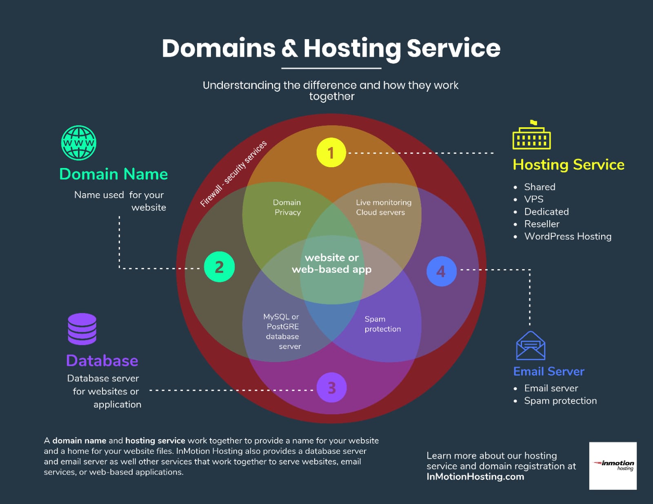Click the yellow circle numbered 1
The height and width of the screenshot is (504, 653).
pos(331,153)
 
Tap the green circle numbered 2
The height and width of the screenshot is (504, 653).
pos(220,267)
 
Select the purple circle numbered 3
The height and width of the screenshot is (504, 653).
pos(331,387)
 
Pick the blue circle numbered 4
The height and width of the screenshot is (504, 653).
pos(442,271)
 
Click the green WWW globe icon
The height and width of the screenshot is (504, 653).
pos(79,143)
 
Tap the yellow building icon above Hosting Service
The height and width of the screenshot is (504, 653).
pos(532,135)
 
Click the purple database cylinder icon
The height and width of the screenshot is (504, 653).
pos(82,329)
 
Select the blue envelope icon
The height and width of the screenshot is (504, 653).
pos(531,345)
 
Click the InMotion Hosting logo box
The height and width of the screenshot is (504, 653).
pos(613,466)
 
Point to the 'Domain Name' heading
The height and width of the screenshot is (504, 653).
pos(113,174)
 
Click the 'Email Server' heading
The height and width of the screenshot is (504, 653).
pos(549,371)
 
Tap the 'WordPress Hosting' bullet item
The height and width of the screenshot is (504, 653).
pos(568,237)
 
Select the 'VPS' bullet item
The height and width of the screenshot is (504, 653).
pos(534,199)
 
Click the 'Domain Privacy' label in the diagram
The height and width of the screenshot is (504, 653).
pos(287,208)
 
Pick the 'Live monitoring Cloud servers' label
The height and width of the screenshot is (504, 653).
pos(384,208)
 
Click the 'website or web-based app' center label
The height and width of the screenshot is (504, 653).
pos(331,263)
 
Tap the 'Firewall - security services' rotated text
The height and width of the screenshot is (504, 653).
pos(233,174)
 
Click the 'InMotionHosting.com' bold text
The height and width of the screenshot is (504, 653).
pos(475,477)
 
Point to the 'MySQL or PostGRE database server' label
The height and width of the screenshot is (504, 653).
pos(282,332)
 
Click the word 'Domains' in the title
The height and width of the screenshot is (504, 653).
pos(218,48)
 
